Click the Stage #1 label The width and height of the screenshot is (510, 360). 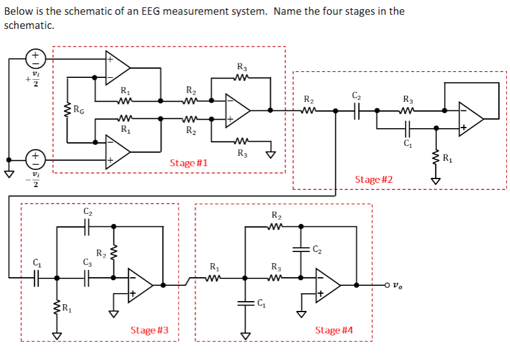pyautogui.click(x=188, y=163)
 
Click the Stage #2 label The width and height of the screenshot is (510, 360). pyautogui.click(x=374, y=179)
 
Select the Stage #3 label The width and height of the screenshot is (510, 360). pyautogui.click(x=149, y=330)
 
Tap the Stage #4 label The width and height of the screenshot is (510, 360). pyautogui.click(x=334, y=330)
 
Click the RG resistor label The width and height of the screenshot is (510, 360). pyautogui.click(x=79, y=110)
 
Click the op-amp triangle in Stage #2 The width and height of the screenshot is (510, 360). pyautogui.click(x=471, y=119)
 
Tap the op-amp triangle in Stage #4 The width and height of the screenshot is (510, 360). pyautogui.click(x=327, y=285)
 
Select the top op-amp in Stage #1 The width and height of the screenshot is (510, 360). pyautogui.click(x=117, y=67)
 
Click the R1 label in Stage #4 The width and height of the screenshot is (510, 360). pyautogui.click(x=214, y=267)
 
